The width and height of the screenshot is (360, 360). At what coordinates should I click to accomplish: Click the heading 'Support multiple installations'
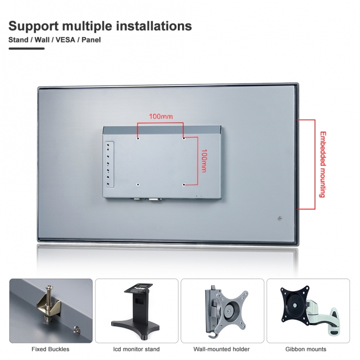coord(100,26)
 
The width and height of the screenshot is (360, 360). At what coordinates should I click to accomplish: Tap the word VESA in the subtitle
coord(66,40)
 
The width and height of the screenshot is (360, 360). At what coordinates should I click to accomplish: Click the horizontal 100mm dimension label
coord(161,117)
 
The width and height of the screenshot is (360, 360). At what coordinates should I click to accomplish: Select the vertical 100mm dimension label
coord(204,161)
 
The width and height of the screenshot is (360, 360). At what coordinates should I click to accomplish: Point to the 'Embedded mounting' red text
coord(323,164)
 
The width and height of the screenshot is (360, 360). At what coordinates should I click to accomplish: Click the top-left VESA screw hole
coord(138,139)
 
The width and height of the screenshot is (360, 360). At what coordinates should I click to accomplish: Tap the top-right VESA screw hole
coord(184,139)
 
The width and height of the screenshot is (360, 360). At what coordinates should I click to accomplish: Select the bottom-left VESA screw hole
coord(138,184)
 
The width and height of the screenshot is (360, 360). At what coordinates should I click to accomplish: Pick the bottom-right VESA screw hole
coord(184,184)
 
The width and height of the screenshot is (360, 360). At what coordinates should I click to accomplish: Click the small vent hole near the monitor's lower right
coord(279,218)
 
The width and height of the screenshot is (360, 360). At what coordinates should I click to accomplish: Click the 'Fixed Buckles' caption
coord(51,349)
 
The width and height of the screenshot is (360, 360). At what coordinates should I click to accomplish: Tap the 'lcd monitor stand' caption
coord(136,349)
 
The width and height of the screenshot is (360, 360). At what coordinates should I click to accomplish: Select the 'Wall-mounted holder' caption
coord(221,349)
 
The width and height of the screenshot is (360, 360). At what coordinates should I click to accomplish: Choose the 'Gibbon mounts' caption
coord(306,349)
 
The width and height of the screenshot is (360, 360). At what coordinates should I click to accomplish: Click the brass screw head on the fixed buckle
coord(49,287)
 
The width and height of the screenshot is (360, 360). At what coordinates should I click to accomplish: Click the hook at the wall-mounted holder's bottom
coord(212,335)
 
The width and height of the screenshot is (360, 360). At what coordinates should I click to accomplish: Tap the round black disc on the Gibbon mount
coord(295,306)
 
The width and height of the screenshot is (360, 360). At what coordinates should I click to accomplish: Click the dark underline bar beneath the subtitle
coord(27,48)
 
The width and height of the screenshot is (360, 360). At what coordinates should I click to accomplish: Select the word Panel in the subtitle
coord(91,40)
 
